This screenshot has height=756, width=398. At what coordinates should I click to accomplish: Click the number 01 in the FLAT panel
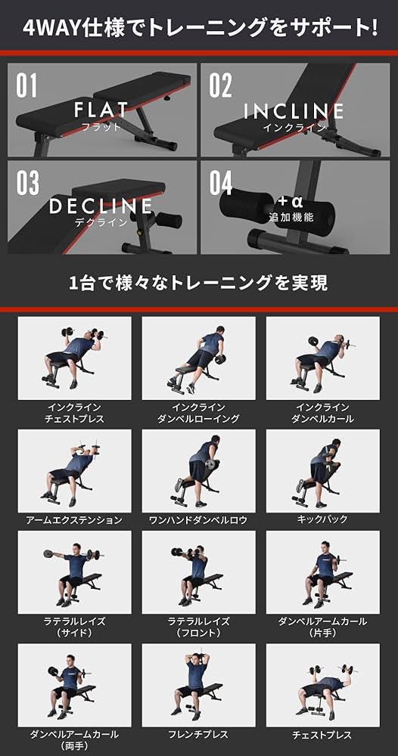tap(26, 85)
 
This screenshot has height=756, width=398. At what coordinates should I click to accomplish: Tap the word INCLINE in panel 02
tap(294, 112)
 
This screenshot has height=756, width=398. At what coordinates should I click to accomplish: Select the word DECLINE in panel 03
tap(101, 206)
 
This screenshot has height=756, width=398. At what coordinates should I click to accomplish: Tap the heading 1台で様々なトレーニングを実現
tap(198, 284)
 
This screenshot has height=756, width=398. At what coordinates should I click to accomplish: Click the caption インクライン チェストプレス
tap(74, 412)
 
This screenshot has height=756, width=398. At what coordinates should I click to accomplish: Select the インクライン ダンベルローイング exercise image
tap(198, 358)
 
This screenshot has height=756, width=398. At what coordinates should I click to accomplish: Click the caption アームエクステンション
tap(74, 520)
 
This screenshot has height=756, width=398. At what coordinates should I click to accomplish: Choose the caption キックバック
tap(322, 520)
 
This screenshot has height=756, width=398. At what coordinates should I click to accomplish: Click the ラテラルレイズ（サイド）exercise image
tap(74, 572)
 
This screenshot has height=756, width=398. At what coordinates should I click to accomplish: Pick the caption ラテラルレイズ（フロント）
tap(198, 627)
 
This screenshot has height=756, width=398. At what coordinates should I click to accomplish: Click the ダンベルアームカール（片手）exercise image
tap(322, 572)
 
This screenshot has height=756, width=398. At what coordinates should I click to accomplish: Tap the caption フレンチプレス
tap(198, 734)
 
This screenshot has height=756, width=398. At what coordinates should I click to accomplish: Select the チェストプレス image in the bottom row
tap(322, 684)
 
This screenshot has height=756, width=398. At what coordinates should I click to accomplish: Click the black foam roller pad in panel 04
tap(246, 205)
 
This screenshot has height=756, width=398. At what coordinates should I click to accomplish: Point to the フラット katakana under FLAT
tap(101, 127)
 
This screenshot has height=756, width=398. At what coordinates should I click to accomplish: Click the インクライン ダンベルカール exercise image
tap(322, 358)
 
